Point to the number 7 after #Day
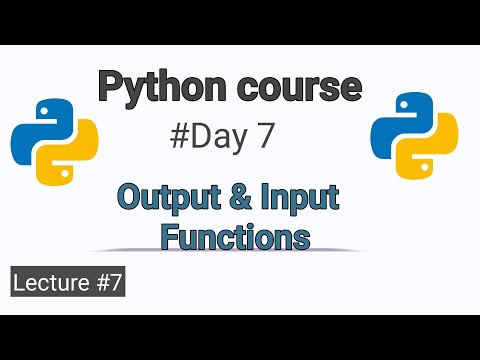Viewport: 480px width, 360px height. [266, 138]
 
